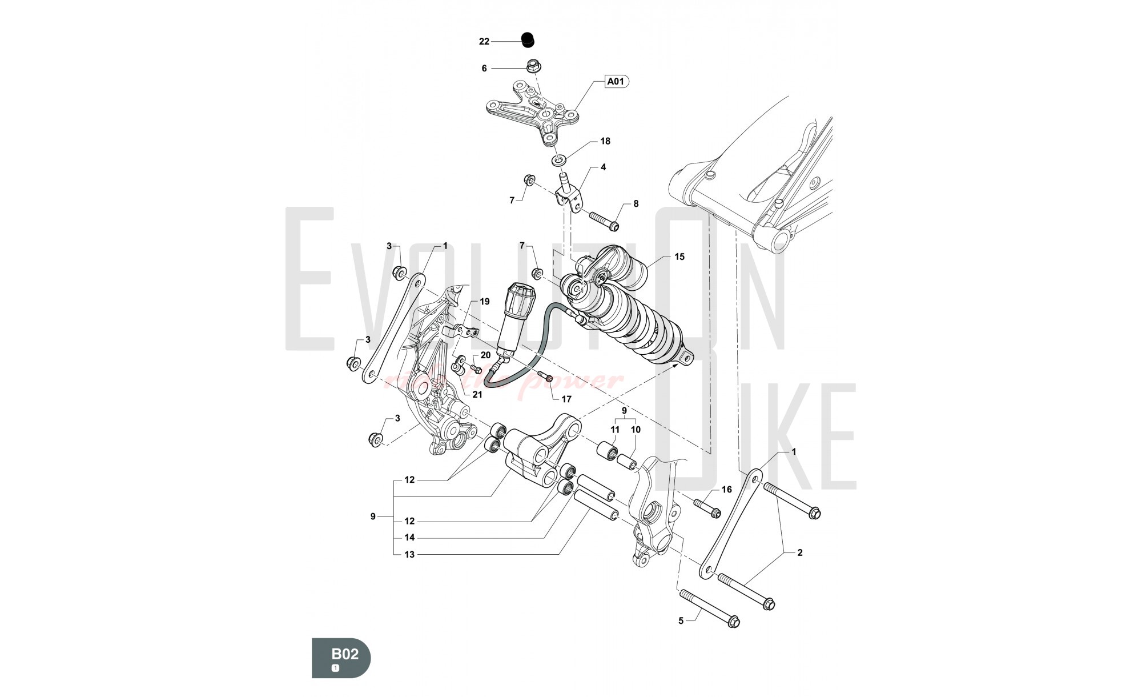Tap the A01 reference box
tap(616, 82)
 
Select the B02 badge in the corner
tap(341, 658)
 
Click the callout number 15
tap(679, 257)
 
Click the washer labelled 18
tap(561, 158)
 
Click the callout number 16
tap(726, 490)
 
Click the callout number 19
tap(484, 301)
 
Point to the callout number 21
tap(477, 394)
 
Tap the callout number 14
tap(409, 538)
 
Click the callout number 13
tap(409, 554)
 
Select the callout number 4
tap(603, 167)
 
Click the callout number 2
tap(799, 552)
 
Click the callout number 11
tap(615, 430)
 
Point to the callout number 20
tap(485, 355)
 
